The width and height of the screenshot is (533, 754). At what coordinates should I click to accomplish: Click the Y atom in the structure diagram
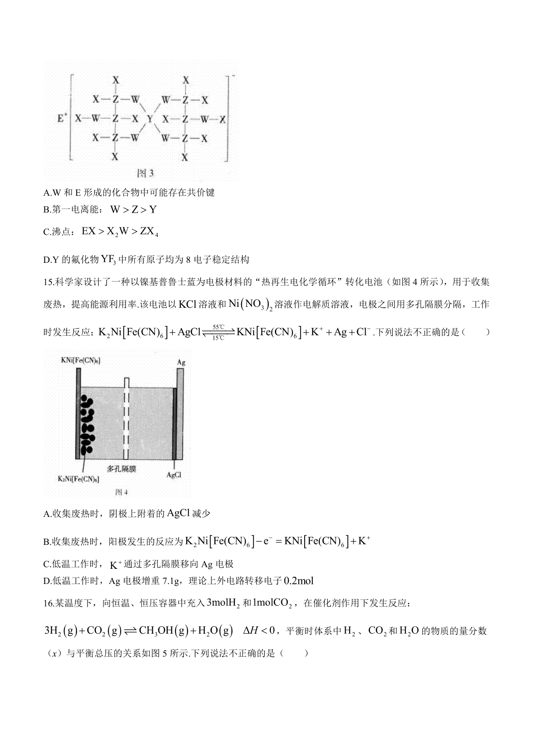150,119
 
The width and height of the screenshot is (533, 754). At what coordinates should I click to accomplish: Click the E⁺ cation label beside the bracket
62,119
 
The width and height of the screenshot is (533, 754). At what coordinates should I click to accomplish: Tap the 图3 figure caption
146,173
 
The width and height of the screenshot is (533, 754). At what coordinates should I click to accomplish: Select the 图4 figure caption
121,492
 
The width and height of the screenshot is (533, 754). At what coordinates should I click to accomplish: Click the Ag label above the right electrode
181,362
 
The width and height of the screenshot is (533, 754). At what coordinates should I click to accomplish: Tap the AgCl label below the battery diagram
174,475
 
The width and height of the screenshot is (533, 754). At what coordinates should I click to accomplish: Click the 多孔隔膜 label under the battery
121,468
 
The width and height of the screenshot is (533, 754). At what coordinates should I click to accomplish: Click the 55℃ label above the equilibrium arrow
219,326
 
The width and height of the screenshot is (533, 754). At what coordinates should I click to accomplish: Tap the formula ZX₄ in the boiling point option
149,232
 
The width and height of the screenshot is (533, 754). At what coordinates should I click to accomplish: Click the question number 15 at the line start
48,282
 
